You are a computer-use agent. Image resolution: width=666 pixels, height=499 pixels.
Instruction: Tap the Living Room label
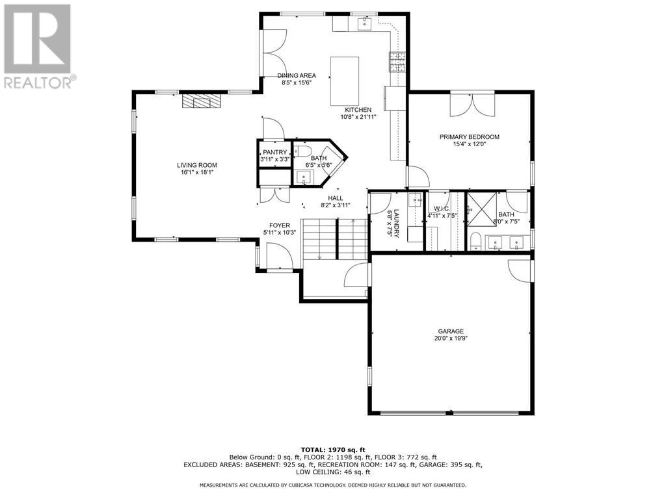click(197, 165)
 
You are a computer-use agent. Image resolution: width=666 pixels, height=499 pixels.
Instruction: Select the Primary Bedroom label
click(469, 136)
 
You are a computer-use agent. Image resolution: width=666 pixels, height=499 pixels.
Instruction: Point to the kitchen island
click(345, 81)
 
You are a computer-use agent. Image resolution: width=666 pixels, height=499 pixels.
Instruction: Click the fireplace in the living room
click(201, 101)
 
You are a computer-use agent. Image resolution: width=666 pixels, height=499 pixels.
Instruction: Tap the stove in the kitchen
click(397, 62)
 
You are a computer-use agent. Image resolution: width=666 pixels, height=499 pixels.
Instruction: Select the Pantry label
click(274, 152)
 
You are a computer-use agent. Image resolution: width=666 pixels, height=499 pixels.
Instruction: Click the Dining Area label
click(297, 75)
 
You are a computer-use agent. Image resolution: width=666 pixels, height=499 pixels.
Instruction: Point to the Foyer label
click(280, 225)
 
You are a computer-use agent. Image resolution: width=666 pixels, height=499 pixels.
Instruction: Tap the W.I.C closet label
click(442, 209)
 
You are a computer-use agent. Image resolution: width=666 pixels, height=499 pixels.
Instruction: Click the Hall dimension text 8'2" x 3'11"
click(336, 205)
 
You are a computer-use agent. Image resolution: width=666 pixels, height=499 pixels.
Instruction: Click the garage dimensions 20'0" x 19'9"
click(451, 339)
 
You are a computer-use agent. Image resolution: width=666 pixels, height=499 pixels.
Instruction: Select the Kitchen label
click(358, 110)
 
